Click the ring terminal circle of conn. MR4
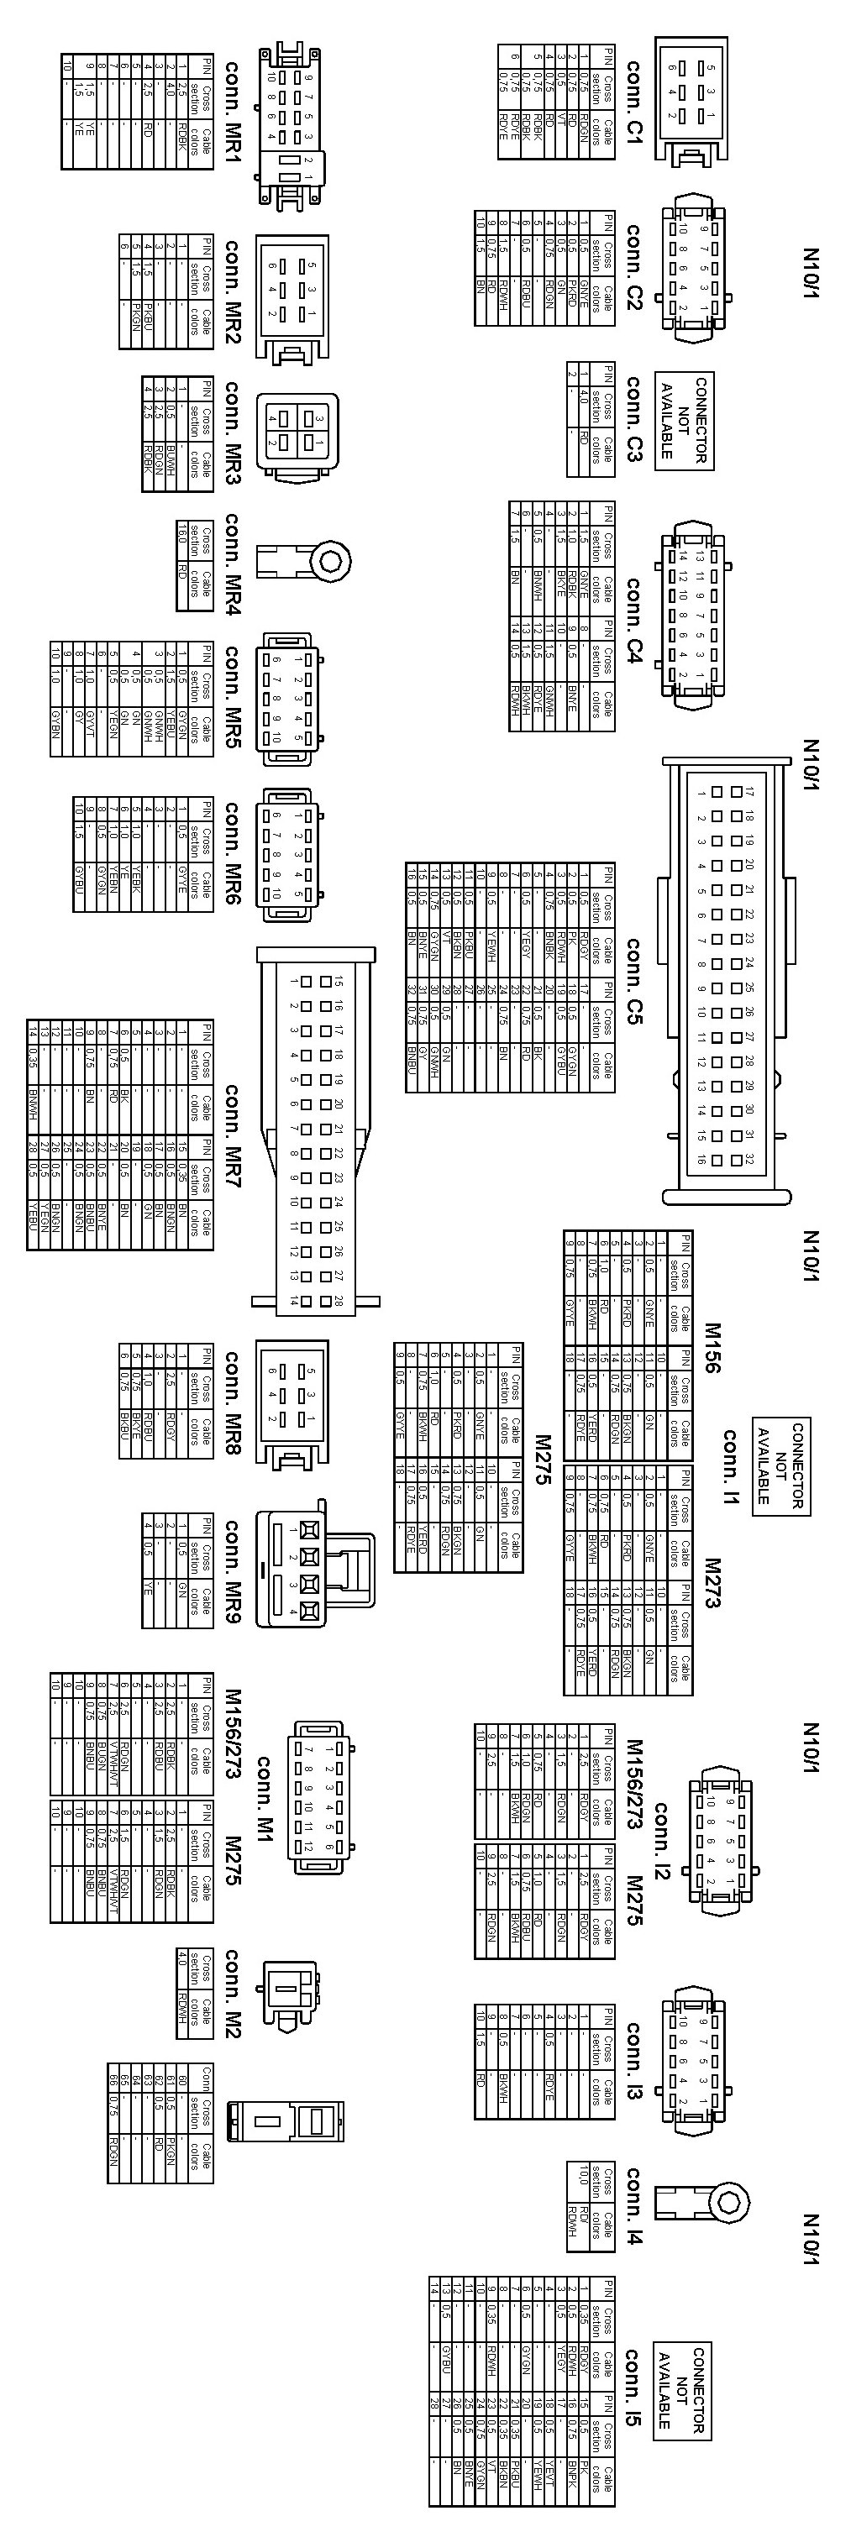point(330,561)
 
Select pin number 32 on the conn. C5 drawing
point(749,1160)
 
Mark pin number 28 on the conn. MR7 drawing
point(337,1301)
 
